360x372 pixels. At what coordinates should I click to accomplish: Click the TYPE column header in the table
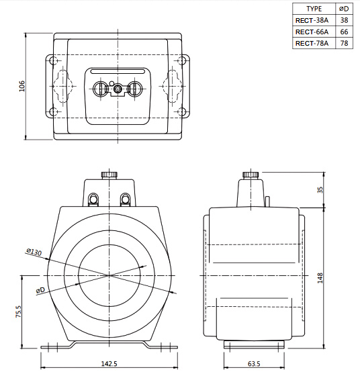[x=314, y=9]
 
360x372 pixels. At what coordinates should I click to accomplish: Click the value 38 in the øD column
[x=345, y=20]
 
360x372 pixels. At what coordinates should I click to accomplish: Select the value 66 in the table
[x=345, y=32]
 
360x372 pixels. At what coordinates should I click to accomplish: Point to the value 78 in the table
[x=345, y=43]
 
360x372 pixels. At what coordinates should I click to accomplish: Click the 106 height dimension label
[x=21, y=87]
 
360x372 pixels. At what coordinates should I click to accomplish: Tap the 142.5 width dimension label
[x=109, y=363]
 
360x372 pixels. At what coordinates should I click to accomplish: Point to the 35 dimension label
[x=320, y=191]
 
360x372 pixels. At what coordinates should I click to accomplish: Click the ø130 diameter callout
[x=34, y=252]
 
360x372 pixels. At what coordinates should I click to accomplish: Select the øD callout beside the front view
[x=41, y=289]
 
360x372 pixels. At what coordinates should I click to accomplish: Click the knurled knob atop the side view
[x=251, y=175]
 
